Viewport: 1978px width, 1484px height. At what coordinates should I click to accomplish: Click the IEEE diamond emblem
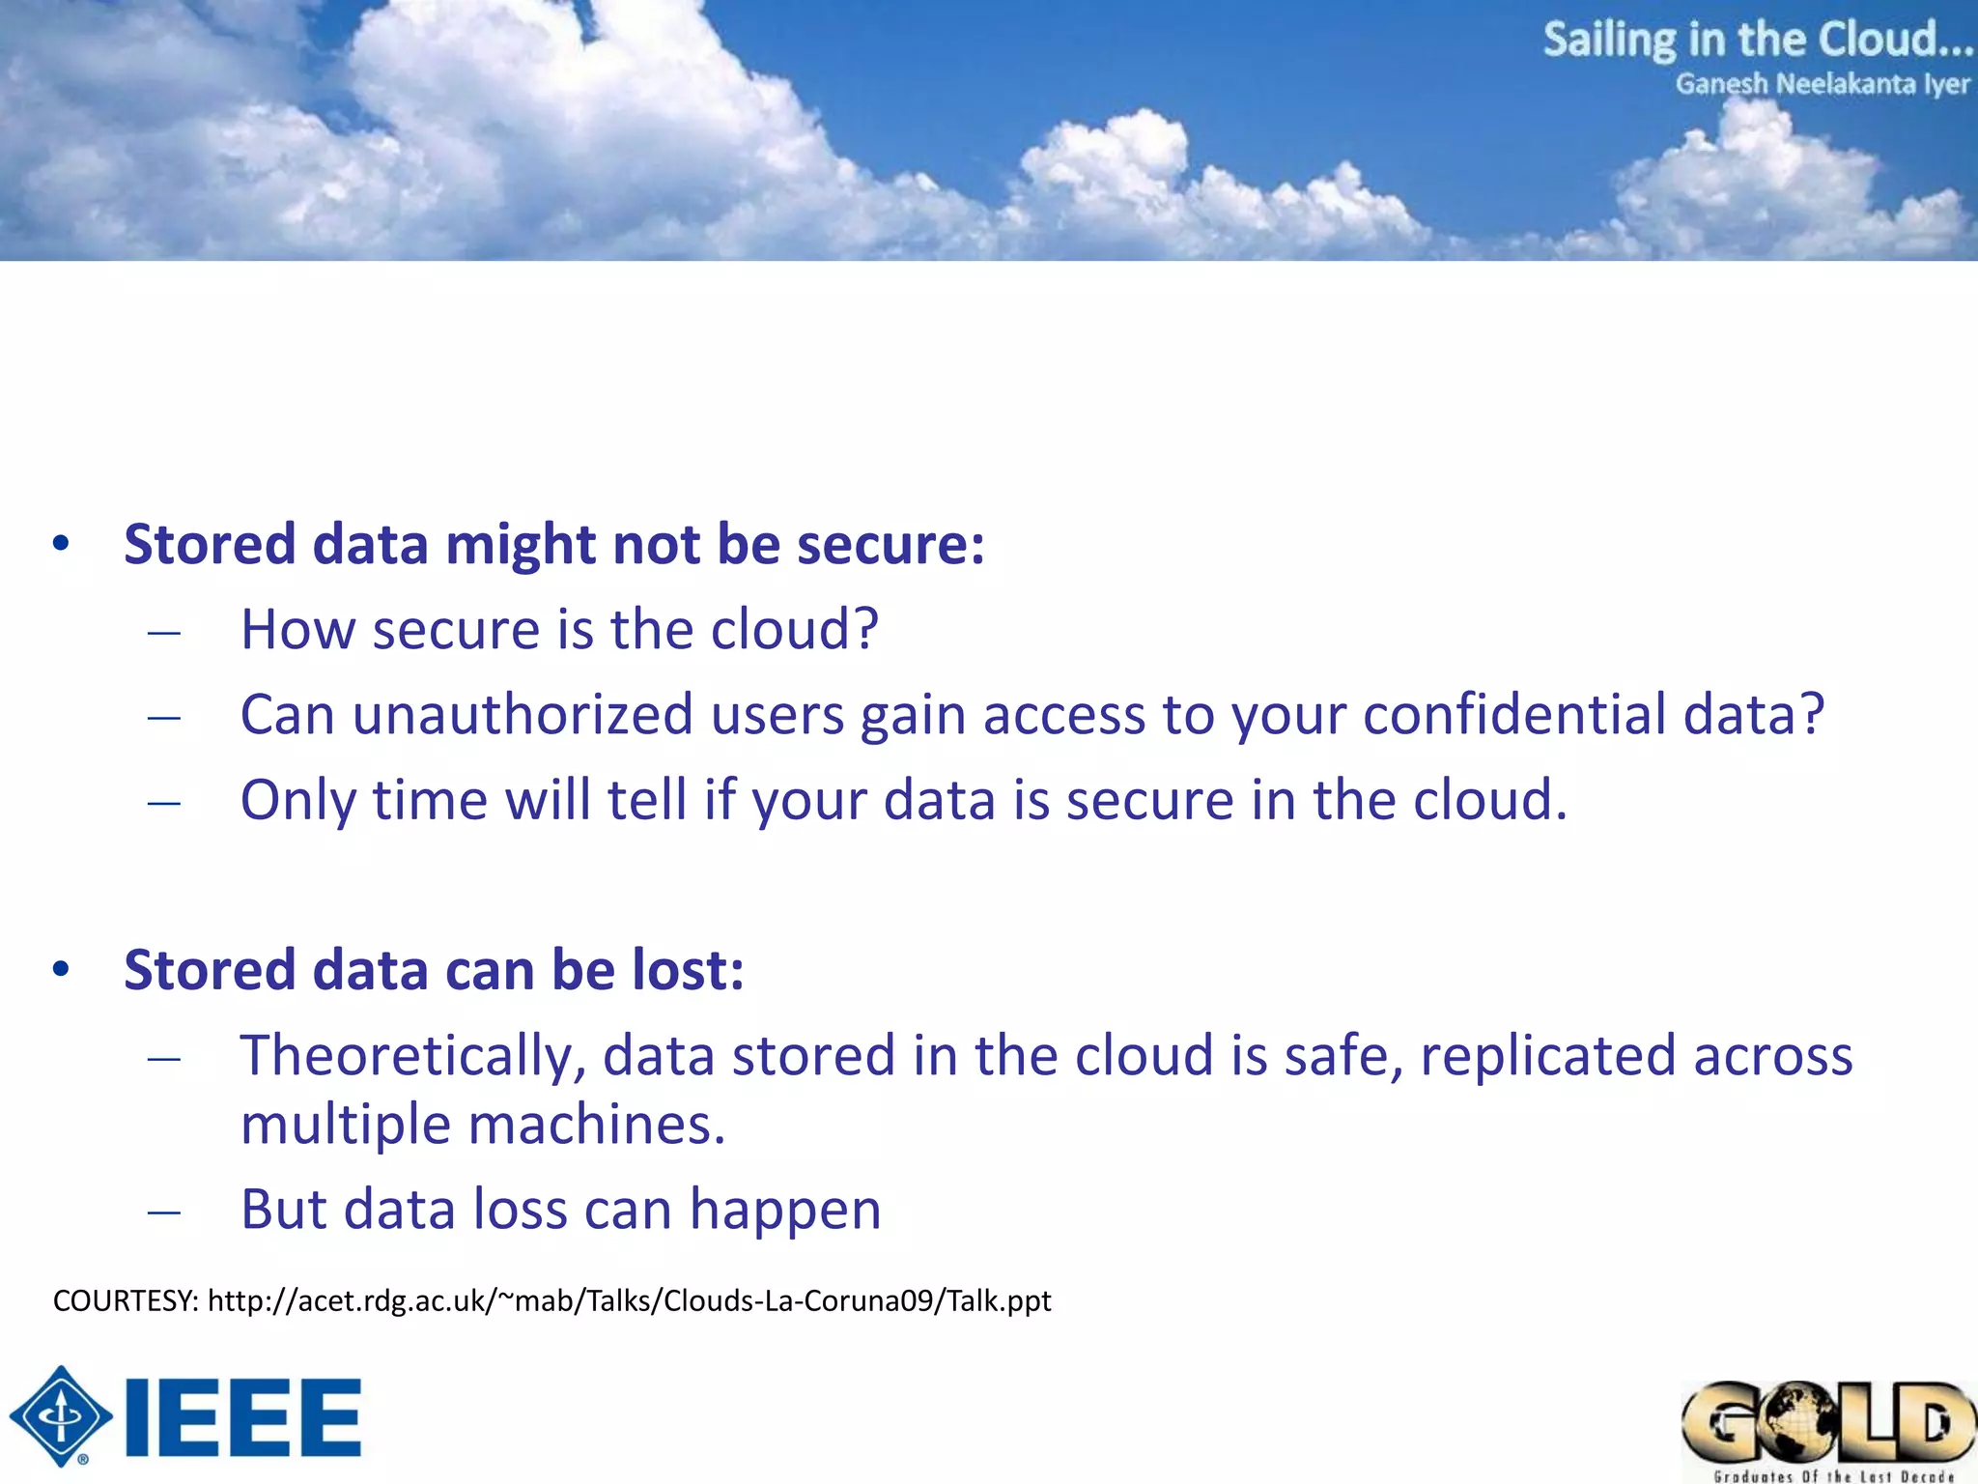61,1416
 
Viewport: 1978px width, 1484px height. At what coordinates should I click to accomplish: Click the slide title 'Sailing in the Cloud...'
1757,41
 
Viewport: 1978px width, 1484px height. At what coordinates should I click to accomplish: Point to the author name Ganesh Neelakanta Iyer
1822,85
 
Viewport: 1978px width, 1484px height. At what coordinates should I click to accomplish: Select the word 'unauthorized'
523,715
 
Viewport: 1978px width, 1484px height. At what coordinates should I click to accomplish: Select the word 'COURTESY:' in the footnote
126,1301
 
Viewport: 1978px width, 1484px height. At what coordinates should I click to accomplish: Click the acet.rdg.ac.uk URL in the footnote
629,1301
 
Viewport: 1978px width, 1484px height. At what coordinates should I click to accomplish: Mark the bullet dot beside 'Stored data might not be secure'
62,544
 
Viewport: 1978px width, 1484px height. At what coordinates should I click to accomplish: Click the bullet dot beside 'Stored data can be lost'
62,969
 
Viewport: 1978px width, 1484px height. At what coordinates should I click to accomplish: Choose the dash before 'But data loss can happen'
164,1213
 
